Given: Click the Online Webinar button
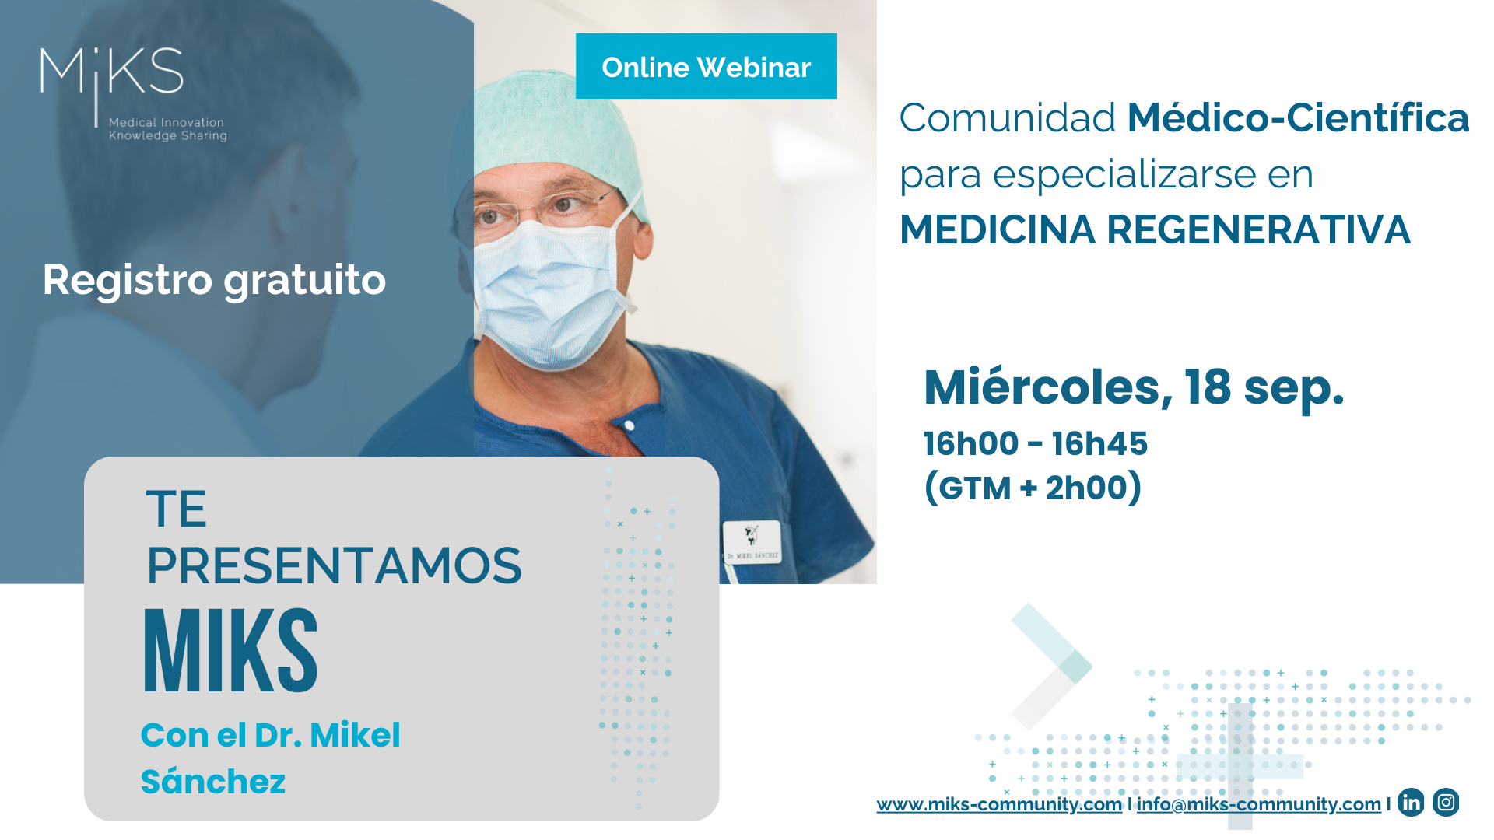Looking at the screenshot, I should point(706,67).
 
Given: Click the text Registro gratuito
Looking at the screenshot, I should point(214,280).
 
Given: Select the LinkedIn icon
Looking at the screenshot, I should point(1411,802).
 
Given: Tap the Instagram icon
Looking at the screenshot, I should point(1446,802).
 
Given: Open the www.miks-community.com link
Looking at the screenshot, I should point(999,804).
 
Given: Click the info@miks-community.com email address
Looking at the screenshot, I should point(1258,804).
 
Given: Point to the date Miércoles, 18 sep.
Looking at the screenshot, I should point(1133,387).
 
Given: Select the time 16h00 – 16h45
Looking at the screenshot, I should point(1035,443).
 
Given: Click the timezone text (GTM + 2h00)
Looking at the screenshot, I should point(1033,488).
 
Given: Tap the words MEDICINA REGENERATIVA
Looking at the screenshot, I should point(1155,230).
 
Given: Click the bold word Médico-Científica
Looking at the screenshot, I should point(1298,118).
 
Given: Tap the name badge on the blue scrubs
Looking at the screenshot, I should point(752,541).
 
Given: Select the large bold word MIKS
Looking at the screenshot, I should point(231,651).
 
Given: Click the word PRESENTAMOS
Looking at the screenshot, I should point(334,565).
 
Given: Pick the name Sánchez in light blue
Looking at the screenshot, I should point(213,781).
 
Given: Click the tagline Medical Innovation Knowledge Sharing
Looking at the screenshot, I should point(167,129).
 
